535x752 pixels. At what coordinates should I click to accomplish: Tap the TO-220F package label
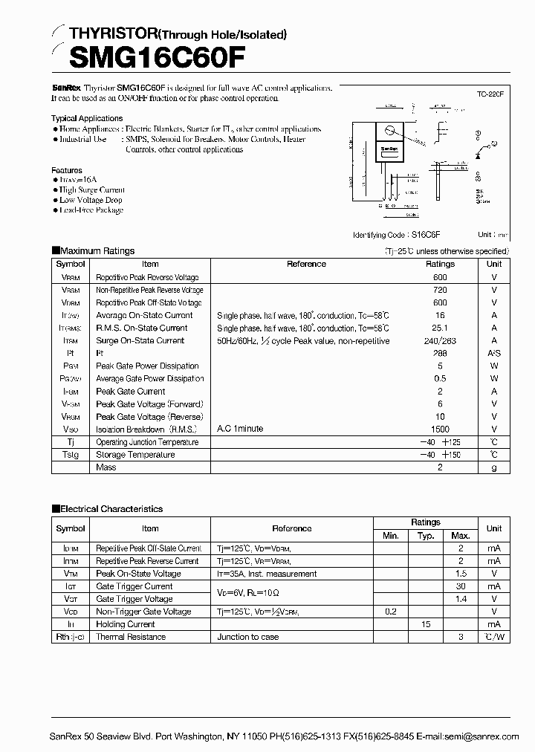click(x=490, y=94)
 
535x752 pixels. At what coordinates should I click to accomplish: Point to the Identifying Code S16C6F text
click(x=414, y=235)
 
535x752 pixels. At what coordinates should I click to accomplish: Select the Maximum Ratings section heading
click(x=97, y=251)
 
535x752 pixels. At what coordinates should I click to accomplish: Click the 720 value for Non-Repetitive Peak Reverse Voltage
click(x=440, y=290)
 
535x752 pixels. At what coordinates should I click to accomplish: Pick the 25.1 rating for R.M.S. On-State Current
click(x=440, y=328)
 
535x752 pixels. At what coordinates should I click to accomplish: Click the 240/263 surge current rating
click(x=440, y=340)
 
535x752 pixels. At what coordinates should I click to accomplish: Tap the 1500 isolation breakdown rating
click(x=440, y=430)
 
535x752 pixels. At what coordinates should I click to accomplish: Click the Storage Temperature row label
click(x=135, y=455)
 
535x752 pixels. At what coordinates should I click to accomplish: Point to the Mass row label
click(x=106, y=467)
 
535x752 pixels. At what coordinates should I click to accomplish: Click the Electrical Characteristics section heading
click(x=111, y=509)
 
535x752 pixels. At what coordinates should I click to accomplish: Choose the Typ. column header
click(x=426, y=536)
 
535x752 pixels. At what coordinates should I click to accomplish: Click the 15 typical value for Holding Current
click(x=426, y=624)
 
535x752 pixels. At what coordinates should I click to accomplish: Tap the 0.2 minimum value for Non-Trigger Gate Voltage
click(x=391, y=612)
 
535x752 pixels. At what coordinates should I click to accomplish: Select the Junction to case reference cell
click(x=248, y=637)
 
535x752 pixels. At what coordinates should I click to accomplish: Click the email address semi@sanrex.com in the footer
click(x=482, y=736)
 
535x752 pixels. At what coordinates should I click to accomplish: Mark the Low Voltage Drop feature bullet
click(x=91, y=200)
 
